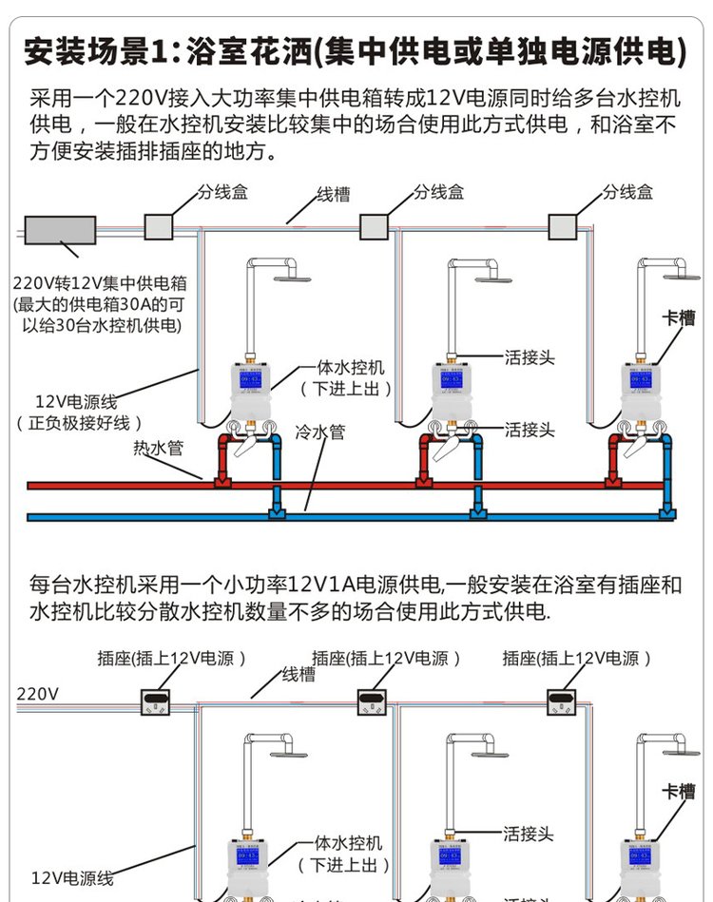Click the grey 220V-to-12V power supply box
pos(60,229)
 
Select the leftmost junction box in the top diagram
pos(158,226)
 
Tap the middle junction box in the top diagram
pos(374,226)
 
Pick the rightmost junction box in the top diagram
pos(564,226)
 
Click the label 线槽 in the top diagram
pos(333,195)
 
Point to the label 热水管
pos(158,448)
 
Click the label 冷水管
pos(319,432)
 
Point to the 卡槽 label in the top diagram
pos(679,317)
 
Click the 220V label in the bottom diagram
pos(38,694)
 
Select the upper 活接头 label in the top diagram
pos(530,358)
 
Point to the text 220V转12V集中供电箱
pos(100,282)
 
